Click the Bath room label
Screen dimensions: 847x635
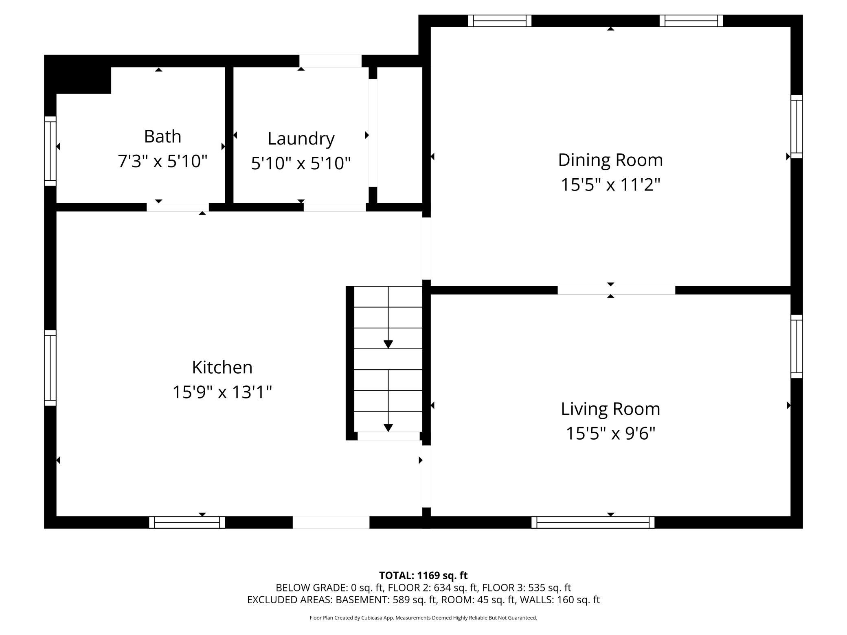pos(162,136)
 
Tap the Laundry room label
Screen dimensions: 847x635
pos(301,139)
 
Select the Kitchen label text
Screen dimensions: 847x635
pos(222,367)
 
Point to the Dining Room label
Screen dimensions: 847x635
pos(610,160)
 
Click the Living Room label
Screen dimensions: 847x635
pos(610,409)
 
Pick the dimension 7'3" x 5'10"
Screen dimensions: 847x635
pos(162,161)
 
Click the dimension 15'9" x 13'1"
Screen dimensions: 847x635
pos(222,392)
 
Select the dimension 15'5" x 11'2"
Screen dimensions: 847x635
pos(610,184)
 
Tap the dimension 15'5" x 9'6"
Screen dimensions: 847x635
pos(610,433)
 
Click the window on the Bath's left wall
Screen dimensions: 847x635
pos(50,151)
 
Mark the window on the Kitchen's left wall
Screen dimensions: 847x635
pos(50,368)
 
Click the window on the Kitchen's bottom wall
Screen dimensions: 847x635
pos(187,522)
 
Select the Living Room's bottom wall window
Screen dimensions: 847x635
pos(592,522)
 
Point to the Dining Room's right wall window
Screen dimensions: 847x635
pos(797,127)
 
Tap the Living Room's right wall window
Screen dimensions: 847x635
pos(797,346)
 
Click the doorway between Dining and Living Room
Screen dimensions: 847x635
pos(616,290)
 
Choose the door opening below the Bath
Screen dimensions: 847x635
pos(178,207)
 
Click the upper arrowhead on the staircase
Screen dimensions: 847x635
pos(388,344)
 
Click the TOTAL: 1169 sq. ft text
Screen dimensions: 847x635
pos(423,575)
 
